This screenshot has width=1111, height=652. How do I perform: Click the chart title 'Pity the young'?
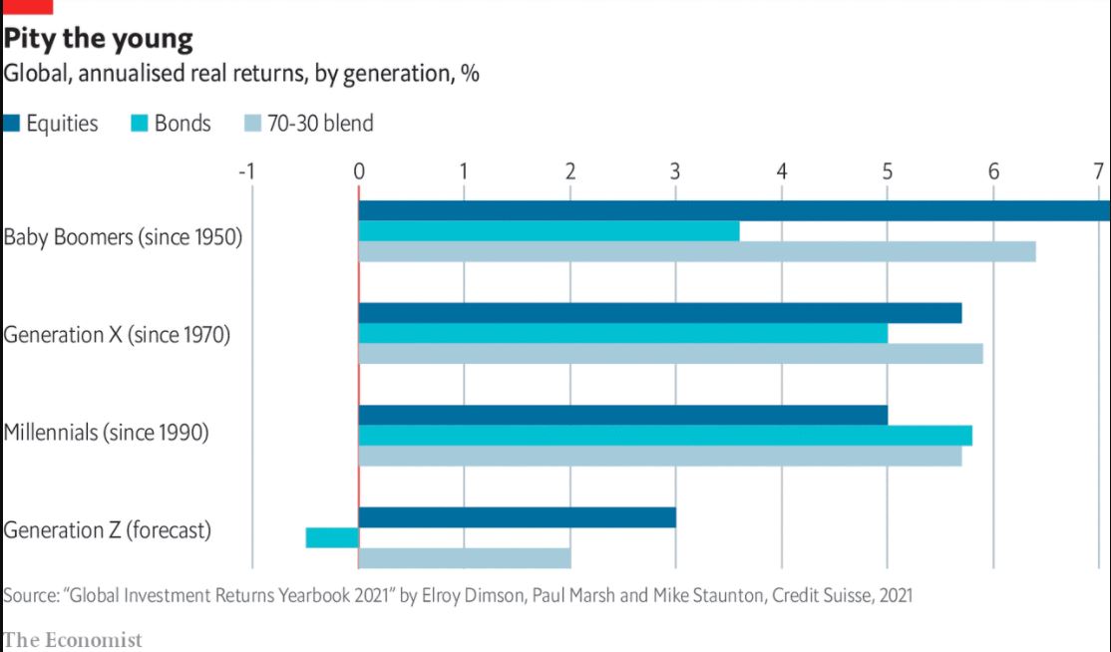coord(99,39)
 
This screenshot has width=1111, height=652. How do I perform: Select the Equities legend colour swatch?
coord(12,124)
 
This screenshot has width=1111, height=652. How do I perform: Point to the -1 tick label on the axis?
coord(247,170)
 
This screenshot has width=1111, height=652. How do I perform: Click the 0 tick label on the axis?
coord(359,170)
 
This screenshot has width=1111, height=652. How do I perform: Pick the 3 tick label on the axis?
coord(675,170)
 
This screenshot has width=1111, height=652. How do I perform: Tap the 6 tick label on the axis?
coord(993,170)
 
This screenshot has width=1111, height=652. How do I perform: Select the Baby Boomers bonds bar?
coord(549,231)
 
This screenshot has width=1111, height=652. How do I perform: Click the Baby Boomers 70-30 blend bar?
coord(696,251)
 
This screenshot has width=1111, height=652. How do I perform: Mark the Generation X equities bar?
coord(659,313)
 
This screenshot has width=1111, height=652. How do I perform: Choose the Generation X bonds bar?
coord(622,333)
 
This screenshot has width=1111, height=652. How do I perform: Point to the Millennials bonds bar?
coord(664,436)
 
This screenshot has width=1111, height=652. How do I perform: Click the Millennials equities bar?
coord(622,415)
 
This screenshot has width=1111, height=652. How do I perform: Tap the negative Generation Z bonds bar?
coord(332,537)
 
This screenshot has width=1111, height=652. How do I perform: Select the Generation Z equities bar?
coord(517,517)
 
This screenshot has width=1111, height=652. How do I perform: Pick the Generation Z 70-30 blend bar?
coord(464,558)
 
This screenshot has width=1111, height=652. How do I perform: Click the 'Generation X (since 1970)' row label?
coord(117,335)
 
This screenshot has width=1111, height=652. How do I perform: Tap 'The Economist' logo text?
coord(73,639)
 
